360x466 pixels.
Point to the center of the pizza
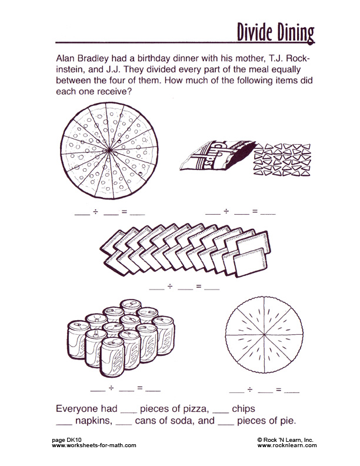pos(109,151)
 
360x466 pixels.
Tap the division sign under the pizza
pos(96,212)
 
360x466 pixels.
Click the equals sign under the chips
pos(255,212)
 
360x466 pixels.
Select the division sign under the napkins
pos(170,287)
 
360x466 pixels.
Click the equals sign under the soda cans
pos(140,388)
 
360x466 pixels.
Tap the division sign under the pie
pos(250,390)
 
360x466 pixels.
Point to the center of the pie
pos(264,335)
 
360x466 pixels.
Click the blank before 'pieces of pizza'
pos(129,412)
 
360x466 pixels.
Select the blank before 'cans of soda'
pos(124,424)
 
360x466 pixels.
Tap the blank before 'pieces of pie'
pos(226,424)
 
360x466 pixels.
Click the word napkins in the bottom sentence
pos(94,421)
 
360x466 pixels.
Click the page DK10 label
pos(66,440)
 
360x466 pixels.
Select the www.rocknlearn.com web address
pos(287,445)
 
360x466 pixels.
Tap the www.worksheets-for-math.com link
pos(94,445)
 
